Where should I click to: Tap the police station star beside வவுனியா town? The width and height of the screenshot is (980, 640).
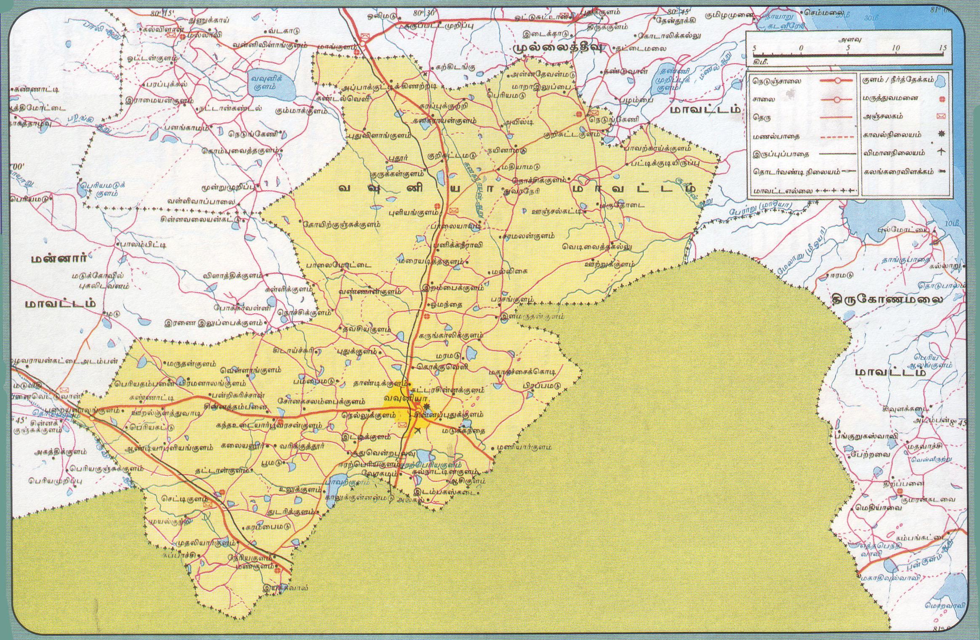pyautogui.click(x=427, y=407)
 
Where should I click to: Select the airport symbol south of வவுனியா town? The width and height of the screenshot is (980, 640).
pyautogui.click(x=418, y=430)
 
